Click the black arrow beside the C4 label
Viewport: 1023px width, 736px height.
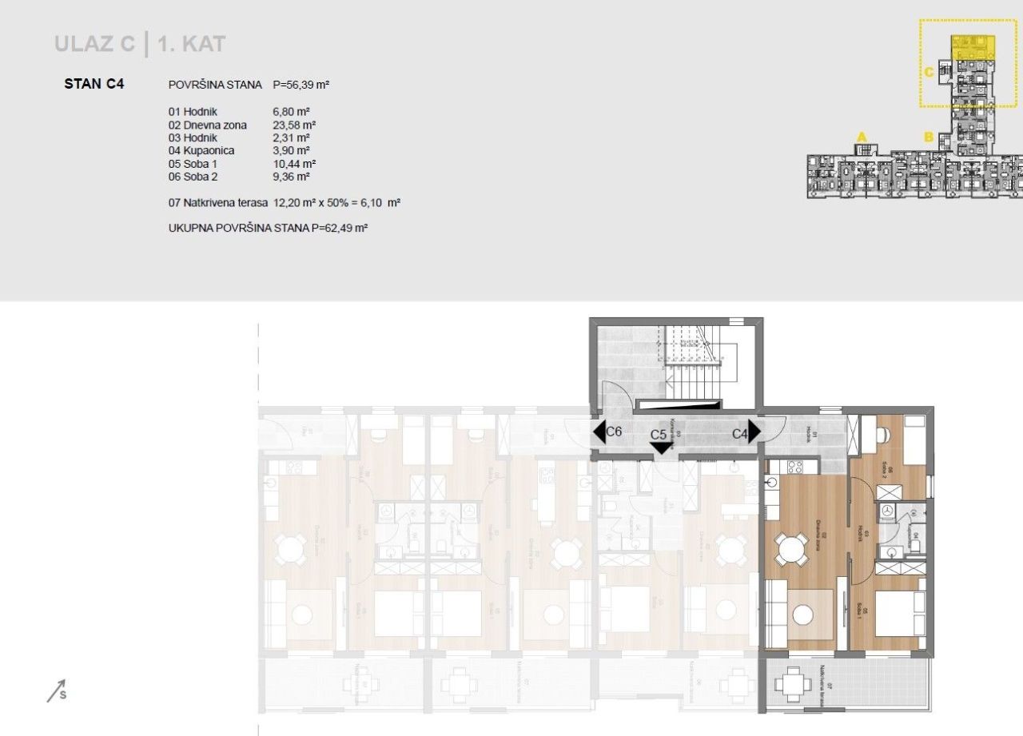click(x=754, y=432)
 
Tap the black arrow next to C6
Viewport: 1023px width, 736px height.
click(x=599, y=432)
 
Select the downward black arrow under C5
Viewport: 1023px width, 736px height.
click(x=661, y=448)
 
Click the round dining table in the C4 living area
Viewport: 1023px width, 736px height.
click(x=790, y=550)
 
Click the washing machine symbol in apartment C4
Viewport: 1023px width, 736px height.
click(x=886, y=511)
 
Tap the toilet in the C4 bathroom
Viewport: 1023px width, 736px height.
click(x=916, y=545)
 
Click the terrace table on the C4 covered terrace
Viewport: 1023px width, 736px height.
click(x=792, y=684)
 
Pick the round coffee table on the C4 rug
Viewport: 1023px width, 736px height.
click(x=803, y=615)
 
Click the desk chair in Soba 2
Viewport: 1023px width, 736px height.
click(x=883, y=434)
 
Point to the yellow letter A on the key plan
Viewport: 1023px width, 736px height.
click(x=862, y=137)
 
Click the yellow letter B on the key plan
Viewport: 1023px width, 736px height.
click(x=929, y=137)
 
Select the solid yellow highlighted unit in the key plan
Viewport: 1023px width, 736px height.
click(x=973, y=46)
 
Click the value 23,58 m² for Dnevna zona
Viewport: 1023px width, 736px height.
click(x=294, y=125)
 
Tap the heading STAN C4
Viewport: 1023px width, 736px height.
click(x=94, y=83)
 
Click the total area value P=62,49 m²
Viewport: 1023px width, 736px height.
click(x=339, y=229)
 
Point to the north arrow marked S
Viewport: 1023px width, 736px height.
click(x=56, y=690)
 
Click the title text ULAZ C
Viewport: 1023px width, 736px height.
click(x=94, y=44)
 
